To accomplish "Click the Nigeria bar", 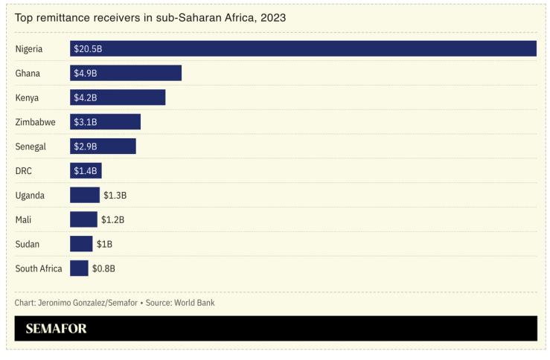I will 303,48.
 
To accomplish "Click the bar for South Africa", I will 79,269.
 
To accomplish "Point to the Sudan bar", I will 81,244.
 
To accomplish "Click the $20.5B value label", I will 88,48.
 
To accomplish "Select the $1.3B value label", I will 115,196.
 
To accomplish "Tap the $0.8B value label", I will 103,269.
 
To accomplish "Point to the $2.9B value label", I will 85,147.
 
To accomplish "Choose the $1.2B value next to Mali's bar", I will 112,220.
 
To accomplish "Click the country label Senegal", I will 31,147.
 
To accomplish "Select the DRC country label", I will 24,171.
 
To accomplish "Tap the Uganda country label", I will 30,196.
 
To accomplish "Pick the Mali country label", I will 23,220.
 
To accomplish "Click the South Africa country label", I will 39,269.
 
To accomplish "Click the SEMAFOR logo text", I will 56,329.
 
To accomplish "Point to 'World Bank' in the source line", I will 194,303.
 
